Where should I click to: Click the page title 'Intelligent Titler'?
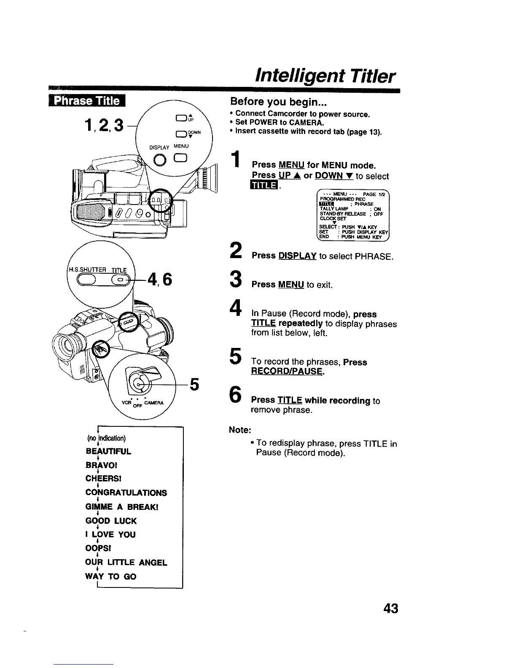(325, 77)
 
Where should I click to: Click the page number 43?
(391, 609)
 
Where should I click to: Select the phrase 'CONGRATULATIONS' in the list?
(126, 493)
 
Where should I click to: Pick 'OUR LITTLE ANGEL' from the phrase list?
(126, 563)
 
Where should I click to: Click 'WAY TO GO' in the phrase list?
(111, 576)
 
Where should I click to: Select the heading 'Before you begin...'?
(279, 102)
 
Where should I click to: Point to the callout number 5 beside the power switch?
(194, 384)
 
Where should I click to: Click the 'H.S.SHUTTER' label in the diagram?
(86, 270)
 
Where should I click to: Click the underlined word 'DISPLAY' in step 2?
(297, 256)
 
